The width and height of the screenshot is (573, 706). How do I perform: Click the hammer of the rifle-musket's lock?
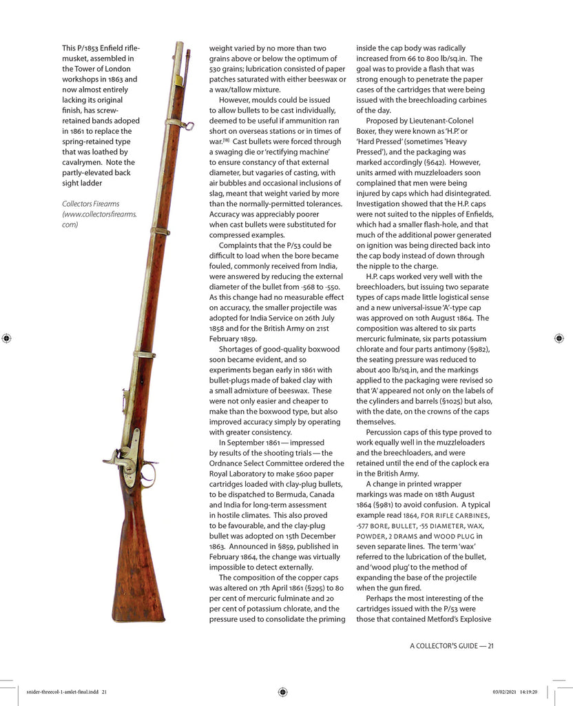click(x=112, y=458)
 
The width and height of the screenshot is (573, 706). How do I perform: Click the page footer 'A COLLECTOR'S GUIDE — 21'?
click(x=452, y=645)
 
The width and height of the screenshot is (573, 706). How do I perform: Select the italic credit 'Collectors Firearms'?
click(x=90, y=203)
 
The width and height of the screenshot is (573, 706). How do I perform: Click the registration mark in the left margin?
click(x=7, y=338)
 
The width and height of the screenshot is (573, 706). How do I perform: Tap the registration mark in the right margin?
click(x=559, y=338)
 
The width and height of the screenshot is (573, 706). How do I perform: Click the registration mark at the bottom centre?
click(x=282, y=692)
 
